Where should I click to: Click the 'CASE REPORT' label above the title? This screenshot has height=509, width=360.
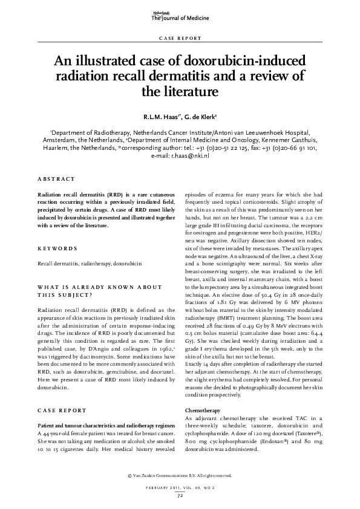(180, 38)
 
